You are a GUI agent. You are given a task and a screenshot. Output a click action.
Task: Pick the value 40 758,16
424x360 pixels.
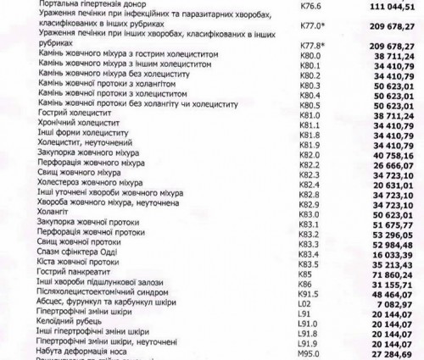[x=391, y=155]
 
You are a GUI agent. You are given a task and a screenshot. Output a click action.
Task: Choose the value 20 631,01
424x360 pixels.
[x=391, y=186]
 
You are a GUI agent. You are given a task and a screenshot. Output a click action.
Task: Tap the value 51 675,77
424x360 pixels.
[x=391, y=227]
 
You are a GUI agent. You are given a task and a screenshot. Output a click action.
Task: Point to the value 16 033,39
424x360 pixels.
[x=391, y=254]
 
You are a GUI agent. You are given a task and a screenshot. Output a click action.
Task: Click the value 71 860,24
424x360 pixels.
[x=391, y=275]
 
